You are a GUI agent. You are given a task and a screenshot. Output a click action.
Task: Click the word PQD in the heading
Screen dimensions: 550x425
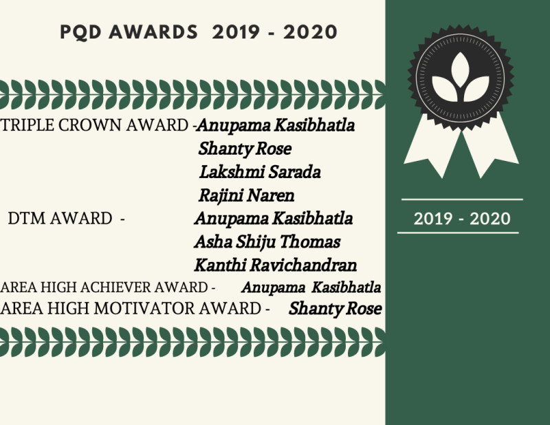click(x=80, y=32)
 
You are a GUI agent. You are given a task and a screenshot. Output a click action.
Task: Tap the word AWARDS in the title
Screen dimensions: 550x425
click(x=153, y=32)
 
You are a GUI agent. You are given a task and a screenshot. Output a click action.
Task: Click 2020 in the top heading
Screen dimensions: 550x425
click(x=311, y=32)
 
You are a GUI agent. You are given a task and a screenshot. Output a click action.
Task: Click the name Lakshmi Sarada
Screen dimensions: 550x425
click(x=260, y=172)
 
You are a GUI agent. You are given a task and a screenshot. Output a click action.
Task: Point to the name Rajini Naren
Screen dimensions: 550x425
click(x=246, y=195)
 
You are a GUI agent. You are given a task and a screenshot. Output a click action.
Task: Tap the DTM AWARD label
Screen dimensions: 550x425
click(x=60, y=218)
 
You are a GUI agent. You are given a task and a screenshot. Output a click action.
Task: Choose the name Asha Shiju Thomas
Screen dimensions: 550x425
click(x=267, y=242)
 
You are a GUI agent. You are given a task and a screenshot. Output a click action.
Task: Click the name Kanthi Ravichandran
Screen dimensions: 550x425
click(x=276, y=265)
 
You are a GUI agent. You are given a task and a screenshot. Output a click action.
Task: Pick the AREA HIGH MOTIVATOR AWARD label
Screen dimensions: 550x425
click(x=131, y=309)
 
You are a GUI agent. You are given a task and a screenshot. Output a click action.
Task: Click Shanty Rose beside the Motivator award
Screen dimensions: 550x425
click(x=335, y=309)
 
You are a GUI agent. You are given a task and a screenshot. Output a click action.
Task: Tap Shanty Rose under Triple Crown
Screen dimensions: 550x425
click(x=245, y=149)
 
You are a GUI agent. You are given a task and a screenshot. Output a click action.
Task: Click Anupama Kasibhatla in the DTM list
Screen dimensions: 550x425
click(x=274, y=219)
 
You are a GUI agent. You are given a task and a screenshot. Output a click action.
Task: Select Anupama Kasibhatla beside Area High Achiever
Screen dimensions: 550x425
click(x=311, y=287)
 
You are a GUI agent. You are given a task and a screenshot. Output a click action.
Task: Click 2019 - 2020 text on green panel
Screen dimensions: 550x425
click(x=462, y=219)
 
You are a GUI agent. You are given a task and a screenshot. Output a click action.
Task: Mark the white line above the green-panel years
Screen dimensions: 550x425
click(x=462, y=199)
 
